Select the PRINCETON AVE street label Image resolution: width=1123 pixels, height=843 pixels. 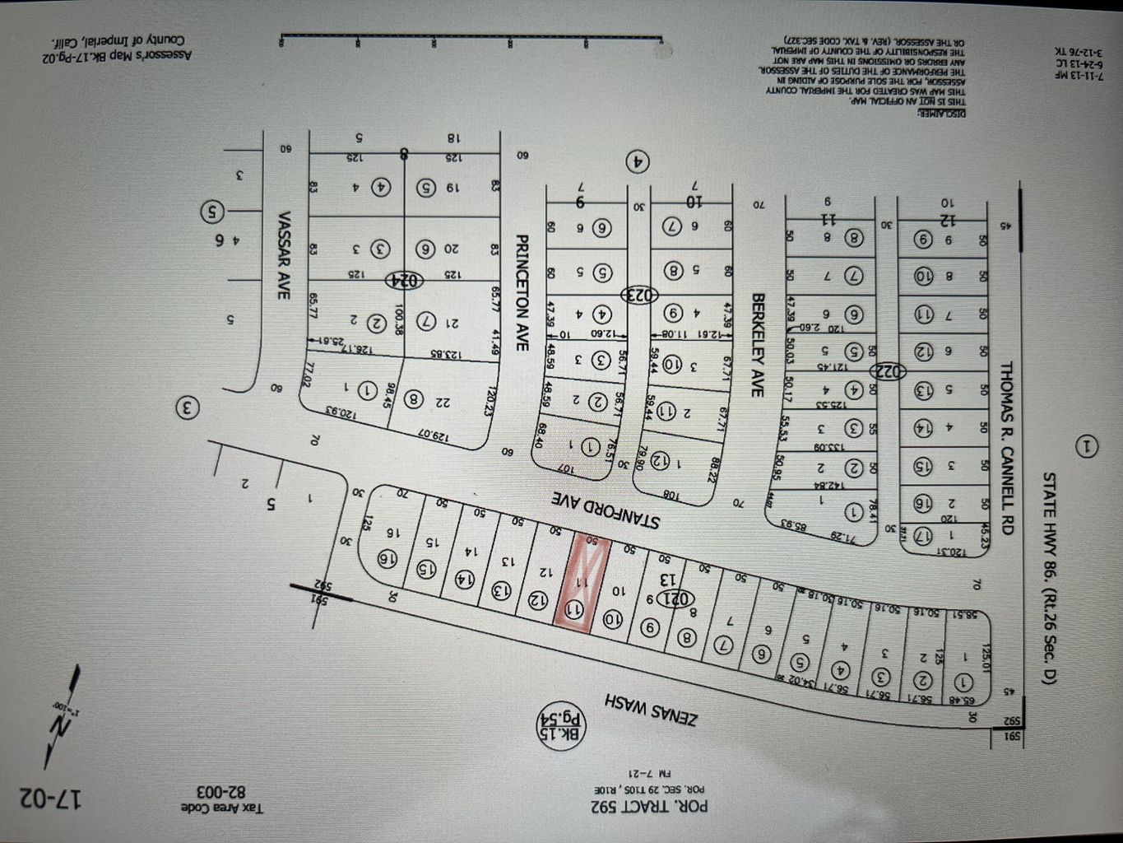tap(521, 293)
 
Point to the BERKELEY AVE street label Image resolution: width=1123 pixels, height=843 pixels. tap(758, 345)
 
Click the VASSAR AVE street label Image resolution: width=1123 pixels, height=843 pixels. tap(284, 255)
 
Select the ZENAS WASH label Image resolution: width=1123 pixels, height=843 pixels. tap(651, 708)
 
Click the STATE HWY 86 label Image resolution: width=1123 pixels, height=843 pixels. tap(1049, 576)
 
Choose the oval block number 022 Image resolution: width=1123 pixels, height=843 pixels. tap(887, 371)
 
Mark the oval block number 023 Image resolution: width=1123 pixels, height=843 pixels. tap(635, 294)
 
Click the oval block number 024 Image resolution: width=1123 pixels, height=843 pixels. tap(405, 280)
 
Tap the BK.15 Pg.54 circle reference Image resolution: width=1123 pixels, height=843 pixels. tap(561, 726)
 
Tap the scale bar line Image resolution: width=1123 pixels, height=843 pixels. tap(471, 36)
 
